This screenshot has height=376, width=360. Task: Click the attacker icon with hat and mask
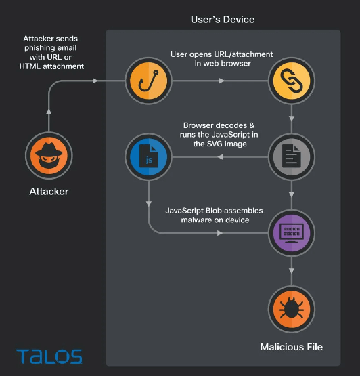[49, 156]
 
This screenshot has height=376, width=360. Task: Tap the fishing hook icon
[148, 81]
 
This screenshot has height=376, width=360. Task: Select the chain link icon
[292, 81]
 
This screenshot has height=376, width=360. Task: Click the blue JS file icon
[148, 156]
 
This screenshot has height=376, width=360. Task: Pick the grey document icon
[292, 156]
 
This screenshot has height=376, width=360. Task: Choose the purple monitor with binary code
[292, 233]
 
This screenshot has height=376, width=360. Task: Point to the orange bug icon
[292, 309]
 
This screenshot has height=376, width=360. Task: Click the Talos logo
[49, 356]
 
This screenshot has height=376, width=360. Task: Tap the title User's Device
[223, 20]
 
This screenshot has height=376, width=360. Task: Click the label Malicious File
[292, 347]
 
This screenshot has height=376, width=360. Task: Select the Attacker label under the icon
[49, 191]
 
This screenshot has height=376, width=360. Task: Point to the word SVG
[214, 144]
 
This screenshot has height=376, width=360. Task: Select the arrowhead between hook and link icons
[222, 81]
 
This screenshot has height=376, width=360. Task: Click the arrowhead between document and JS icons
[220, 156]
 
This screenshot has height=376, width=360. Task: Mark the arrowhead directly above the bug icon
[292, 271]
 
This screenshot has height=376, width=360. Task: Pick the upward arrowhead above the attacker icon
[49, 112]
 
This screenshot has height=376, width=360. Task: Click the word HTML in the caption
[30, 66]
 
